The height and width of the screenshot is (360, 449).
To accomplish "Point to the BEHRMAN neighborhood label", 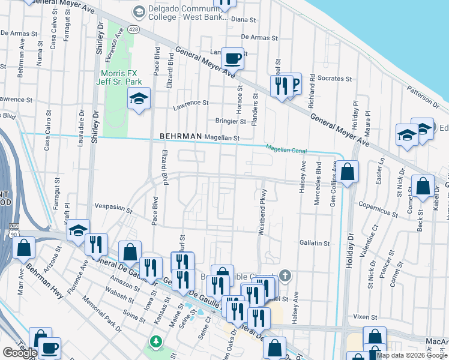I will (x=180, y=137).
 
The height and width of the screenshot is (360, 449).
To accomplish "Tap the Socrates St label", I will (x=335, y=79).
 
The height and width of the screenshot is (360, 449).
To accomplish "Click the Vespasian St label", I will (x=112, y=208).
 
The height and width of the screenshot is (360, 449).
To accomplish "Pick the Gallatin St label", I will (x=315, y=243).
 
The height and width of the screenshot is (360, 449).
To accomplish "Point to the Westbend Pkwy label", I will (x=261, y=215).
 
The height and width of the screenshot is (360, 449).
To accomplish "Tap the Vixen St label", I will (x=364, y=316).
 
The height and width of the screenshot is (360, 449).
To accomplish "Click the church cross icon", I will (x=285, y=277).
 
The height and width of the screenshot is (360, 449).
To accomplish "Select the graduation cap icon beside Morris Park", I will (x=139, y=99).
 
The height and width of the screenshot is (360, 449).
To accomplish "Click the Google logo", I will (x=20, y=353).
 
